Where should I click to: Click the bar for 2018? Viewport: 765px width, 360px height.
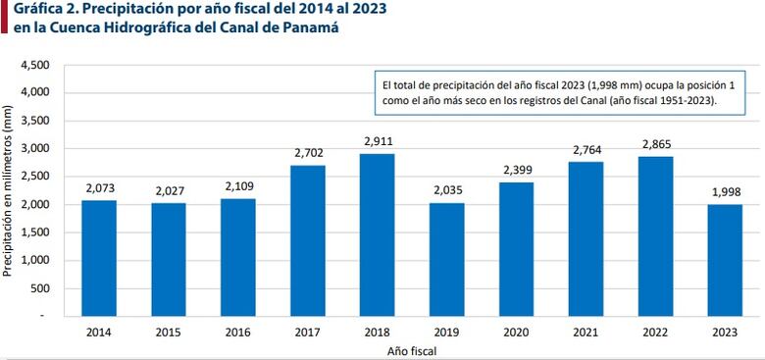[x=377, y=234]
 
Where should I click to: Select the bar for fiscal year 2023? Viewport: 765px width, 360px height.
[x=725, y=260]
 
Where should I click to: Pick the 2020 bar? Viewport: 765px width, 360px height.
[x=516, y=249]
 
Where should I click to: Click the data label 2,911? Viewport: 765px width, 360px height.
[x=377, y=142]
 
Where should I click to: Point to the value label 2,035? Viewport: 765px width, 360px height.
[x=446, y=191]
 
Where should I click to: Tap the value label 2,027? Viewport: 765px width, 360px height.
[x=168, y=191]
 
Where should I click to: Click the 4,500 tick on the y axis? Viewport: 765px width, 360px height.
[x=34, y=65]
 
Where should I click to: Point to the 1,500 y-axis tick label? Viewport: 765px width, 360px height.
[x=34, y=232]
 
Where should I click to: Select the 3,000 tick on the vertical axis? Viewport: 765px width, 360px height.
[x=34, y=149]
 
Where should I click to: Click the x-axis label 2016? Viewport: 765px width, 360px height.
[x=237, y=332]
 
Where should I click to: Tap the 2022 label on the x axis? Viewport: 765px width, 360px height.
[x=655, y=332]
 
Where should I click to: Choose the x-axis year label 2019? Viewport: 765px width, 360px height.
[x=446, y=332]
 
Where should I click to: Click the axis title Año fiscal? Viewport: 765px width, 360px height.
[x=411, y=349]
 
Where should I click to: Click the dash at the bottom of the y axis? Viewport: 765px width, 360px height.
[x=43, y=317]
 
